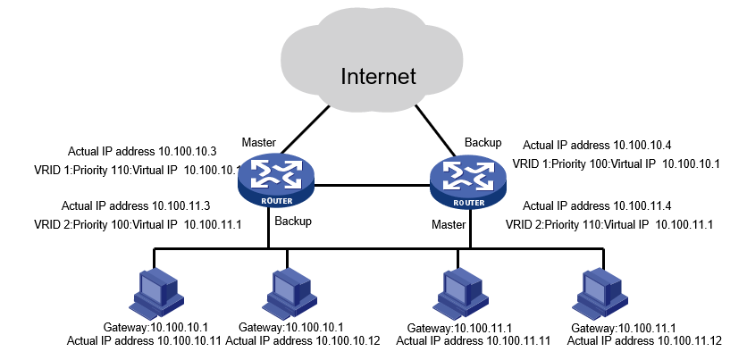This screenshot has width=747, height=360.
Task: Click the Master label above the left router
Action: pos(260,143)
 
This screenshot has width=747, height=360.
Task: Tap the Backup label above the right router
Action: pos(483,142)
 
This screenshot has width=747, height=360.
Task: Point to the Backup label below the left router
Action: pos(293,221)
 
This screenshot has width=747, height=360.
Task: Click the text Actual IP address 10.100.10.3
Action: pos(132,151)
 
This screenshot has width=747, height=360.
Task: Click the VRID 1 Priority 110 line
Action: pos(138,169)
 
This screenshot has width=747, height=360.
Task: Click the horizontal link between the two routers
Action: pos(370,187)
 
